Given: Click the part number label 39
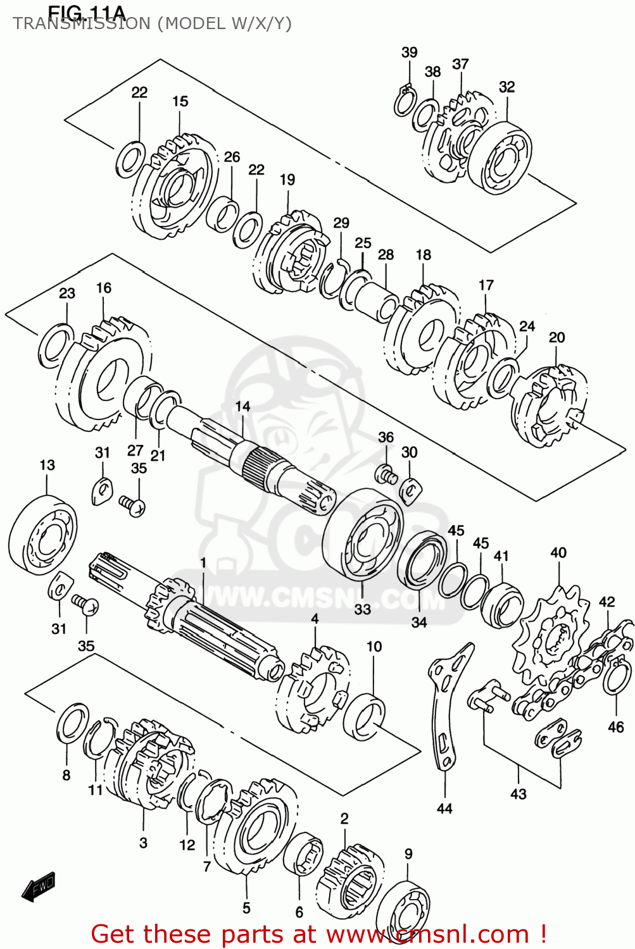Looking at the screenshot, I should coord(410,52).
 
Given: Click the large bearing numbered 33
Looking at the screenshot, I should coord(363,535).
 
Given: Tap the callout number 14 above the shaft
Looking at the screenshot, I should coord(242,406).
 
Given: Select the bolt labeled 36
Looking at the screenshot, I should coord(386,473).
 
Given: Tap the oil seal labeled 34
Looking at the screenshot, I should coord(422,560).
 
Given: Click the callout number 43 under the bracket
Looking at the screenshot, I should coord(518,793).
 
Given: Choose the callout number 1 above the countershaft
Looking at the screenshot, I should coord(203,562).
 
